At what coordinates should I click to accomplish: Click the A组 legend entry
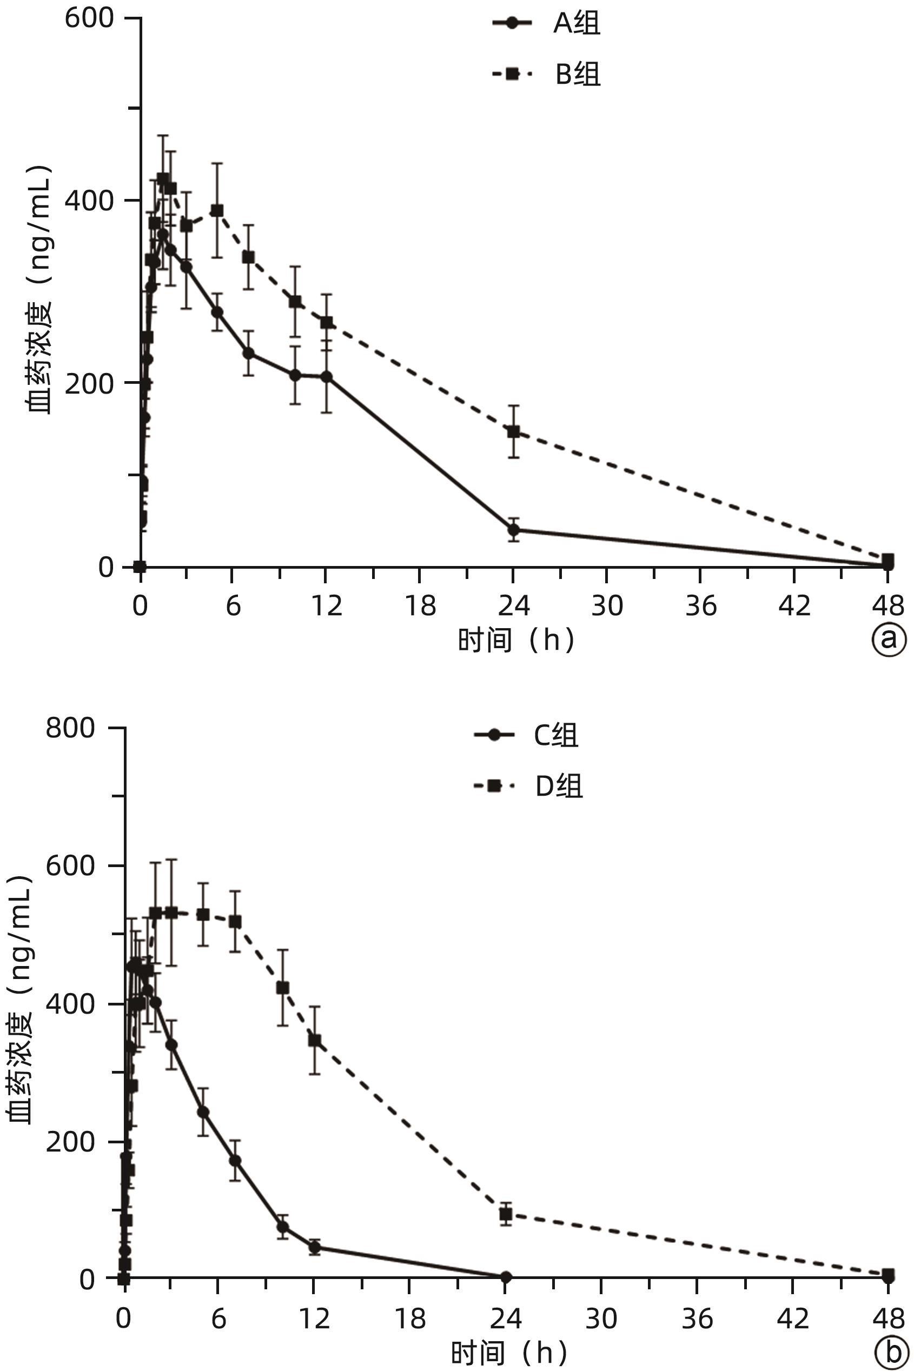[547, 23]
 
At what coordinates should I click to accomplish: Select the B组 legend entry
[547, 74]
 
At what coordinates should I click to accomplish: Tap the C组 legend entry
[526, 735]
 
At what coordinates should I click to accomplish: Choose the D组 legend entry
[528, 786]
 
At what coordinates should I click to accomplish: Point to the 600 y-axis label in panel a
[89, 18]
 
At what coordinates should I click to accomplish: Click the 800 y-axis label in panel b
[70, 728]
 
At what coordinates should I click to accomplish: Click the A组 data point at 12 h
[327, 377]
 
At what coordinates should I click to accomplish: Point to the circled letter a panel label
[889, 639]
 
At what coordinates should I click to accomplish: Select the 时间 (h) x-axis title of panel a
[516, 640]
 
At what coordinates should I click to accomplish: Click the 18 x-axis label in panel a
[420, 607]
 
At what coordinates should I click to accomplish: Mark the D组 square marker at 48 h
[887, 1275]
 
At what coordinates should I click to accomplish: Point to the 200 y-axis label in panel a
[89, 383]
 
